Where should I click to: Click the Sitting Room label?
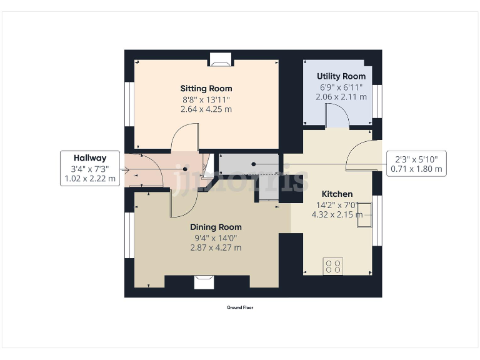pos(206,88)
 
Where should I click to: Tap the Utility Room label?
pos(341,76)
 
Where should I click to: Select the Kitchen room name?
pos(337,194)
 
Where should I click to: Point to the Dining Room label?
pos(216,227)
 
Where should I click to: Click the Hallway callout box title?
pos(90,158)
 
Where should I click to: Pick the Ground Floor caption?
pos(240,307)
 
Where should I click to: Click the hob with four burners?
pos(332,266)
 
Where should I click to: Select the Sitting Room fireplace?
pos(220,59)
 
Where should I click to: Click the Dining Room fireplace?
pos(203,282)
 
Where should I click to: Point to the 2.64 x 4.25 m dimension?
pos(206,109)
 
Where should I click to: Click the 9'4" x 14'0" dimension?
pos(216,237)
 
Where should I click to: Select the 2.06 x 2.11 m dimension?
pos(341,97)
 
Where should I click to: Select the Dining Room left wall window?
pos(129,235)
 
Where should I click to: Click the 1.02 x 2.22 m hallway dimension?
pos(90,178)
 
